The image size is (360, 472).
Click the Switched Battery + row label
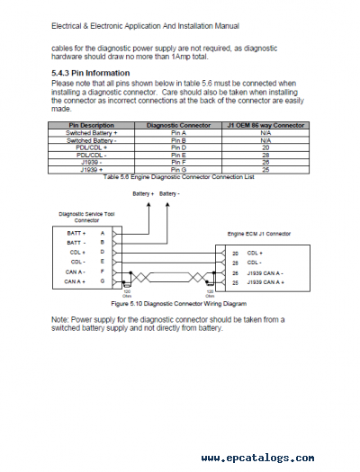(91, 131)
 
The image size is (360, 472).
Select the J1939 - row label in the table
(91, 161)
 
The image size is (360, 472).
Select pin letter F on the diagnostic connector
(102, 271)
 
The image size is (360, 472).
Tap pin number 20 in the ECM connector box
(234, 254)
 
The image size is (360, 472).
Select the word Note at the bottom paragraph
(59, 318)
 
